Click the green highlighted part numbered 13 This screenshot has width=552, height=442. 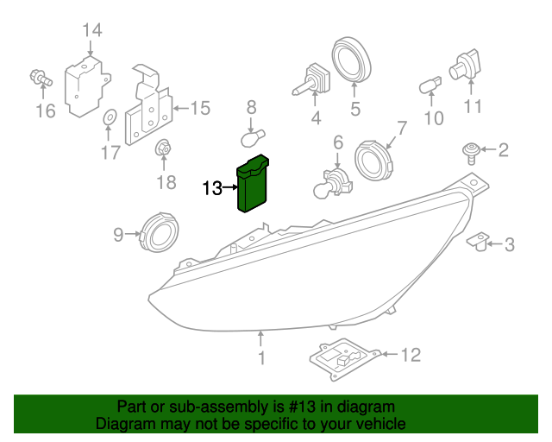click(254, 185)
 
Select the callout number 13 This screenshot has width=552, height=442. click(212, 187)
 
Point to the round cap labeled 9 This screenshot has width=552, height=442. click(158, 231)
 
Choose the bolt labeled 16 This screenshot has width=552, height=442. click(40, 79)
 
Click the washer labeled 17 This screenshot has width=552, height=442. click(109, 117)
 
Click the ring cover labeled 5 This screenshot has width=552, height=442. click(352, 60)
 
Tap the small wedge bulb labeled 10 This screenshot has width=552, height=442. click(429, 85)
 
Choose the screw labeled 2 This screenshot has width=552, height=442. click(471, 154)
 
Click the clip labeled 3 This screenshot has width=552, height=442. click(480, 241)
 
